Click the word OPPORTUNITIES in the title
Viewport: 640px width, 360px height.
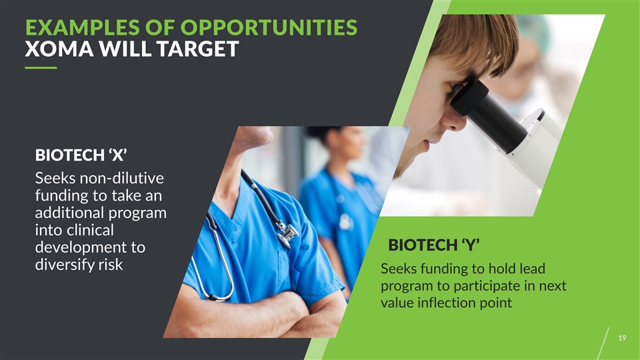pyautogui.click(x=269, y=28)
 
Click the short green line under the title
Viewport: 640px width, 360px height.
pyautogui.click(x=41, y=68)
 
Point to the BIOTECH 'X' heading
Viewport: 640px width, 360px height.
pyautogui.click(x=81, y=155)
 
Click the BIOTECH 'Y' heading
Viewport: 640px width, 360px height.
pyautogui.click(x=433, y=245)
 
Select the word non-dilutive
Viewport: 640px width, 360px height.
pyautogui.click(x=121, y=179)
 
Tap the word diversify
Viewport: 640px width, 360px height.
pyautogui.click(x=65, y=265)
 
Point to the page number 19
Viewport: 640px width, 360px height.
pyautogui.click(x=622, y=338)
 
